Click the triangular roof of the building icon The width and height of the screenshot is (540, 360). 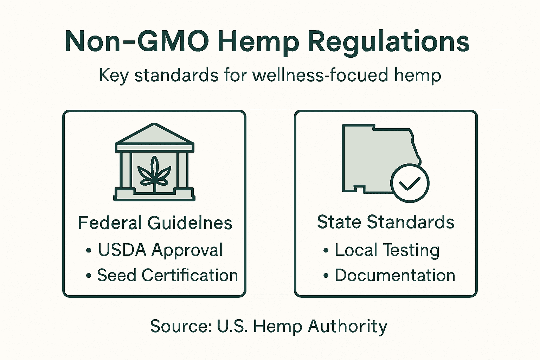point(154,135)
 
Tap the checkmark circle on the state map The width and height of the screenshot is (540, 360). point(410,183)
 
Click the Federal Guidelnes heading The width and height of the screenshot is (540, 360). point(155,223)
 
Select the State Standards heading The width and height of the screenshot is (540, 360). point(386,222)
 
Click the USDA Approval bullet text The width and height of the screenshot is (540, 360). point(160,250)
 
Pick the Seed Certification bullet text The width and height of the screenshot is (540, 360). point(167,275)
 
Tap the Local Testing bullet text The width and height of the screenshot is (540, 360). point(387,250)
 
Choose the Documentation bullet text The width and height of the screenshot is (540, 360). point(395,275)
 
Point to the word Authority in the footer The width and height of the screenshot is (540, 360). point(348,326)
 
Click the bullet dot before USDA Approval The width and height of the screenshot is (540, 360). point(89,251)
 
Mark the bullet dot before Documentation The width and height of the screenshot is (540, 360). point(326,276)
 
